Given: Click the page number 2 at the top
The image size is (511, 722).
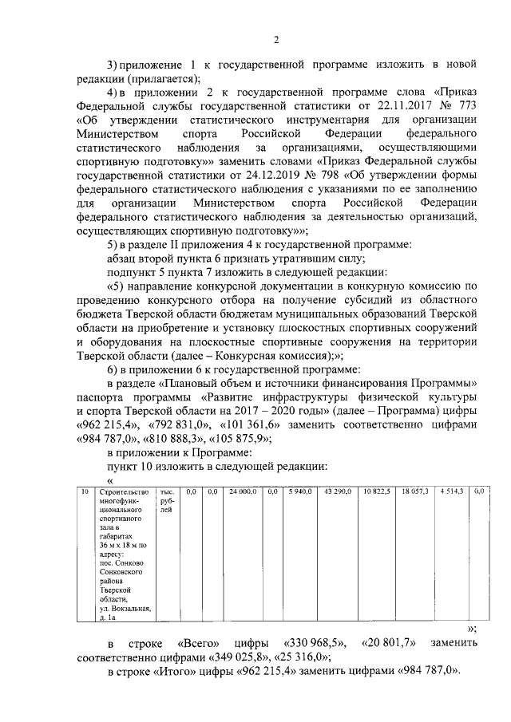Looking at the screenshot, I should point(275,41).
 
